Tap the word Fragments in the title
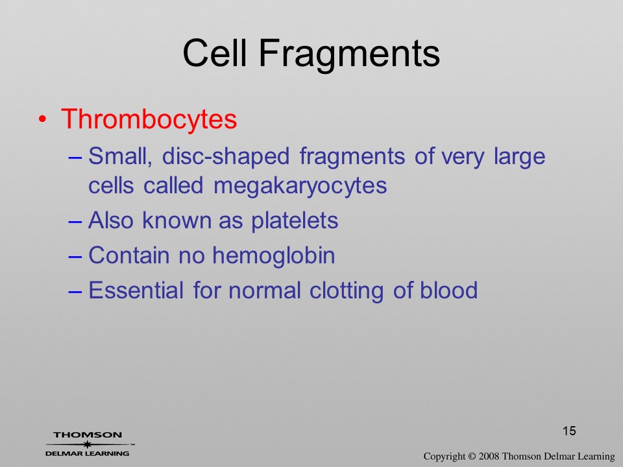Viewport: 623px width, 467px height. [350, 56]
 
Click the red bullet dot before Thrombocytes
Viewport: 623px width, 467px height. [43, 119]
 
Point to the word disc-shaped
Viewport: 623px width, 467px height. [226, 156]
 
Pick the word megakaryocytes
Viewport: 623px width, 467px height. [300, 186]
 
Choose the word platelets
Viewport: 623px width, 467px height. [295, 221]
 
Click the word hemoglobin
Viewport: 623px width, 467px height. [274, 255]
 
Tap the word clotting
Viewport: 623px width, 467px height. [346, 291]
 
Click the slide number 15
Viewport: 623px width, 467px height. [569, 431]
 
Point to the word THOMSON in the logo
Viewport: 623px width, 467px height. [88, 435]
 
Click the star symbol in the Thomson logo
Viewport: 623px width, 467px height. [87, 444]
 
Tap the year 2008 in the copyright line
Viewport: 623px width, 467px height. [489, 456]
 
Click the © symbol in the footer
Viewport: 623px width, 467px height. [471, 457]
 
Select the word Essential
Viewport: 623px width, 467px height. [136, 290]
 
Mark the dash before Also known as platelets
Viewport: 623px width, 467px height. [75, 221]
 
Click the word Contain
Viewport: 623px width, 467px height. [128, 255]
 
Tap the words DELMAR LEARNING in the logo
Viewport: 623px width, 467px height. [88, 453]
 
